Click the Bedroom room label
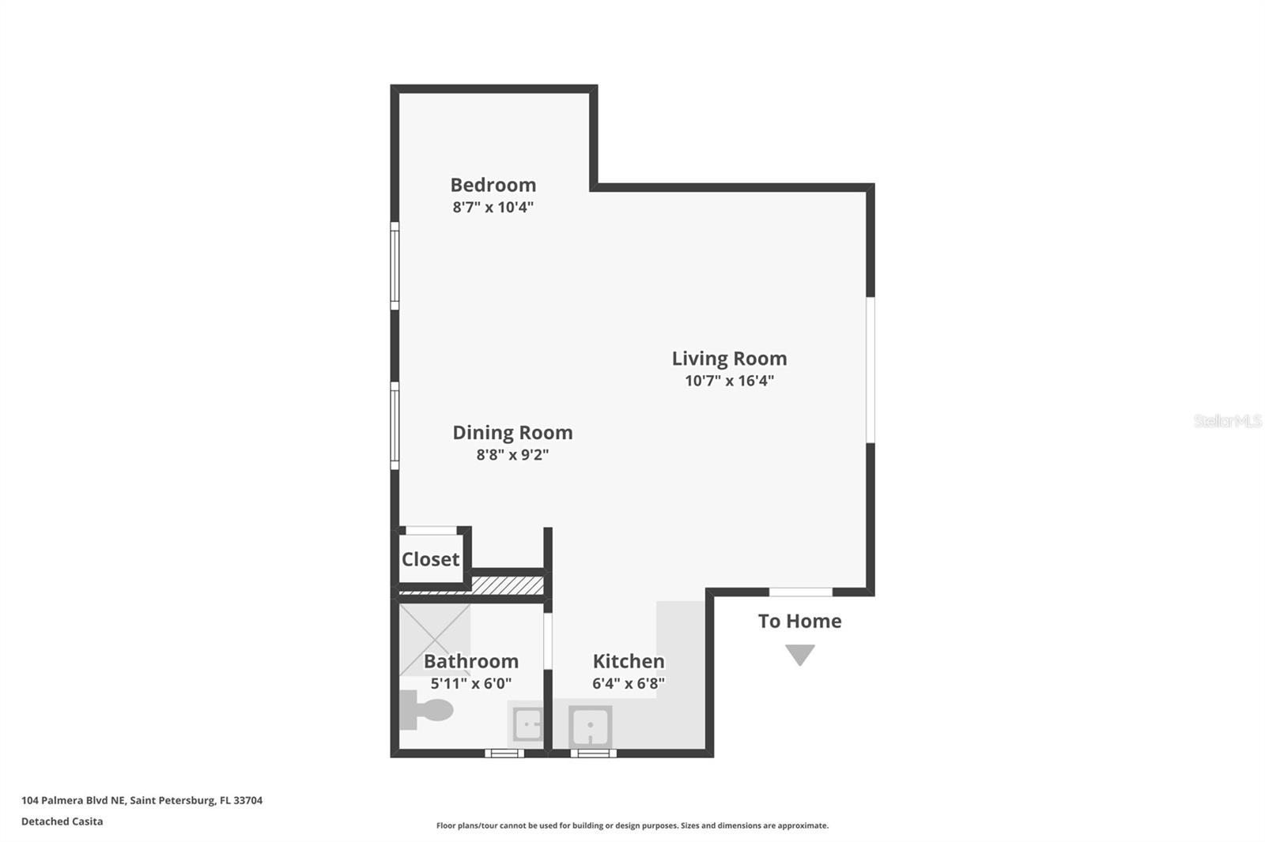pyautogui.click(x=493, y=185)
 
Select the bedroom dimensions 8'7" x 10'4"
pyautogui.click(x=493, y=208)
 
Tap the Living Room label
pyautogui.click(x=729, y=359)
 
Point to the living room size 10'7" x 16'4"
pyautogui.click(x=729, y=381)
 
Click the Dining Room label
pyautogui.click(x=512, y=433)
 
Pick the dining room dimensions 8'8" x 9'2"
pyautogui.click(x=512, y=455)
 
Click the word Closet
pyautogui.click(x=430, y=559)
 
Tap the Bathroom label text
pyautogui.click(x=471, y=661)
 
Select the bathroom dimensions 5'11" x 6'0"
pyautogui.click(x=471, y=683)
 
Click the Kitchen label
pyautogui.click(x=629, y=661)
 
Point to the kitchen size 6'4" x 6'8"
pyautogui.click(x=629, y=683)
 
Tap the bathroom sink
pyautogui.click(x=527, y=724)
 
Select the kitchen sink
pyautogui.click(x=590, y=726)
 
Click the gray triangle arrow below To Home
pyautogui.click(x=799, y=654)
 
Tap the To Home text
pyautogui.click(x=799, y=622)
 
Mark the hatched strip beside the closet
pyautogui.click(x=507, y=585)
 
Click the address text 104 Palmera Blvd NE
pyautogui.click(x=73, y=800)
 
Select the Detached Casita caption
pyautogui.click(x=62, y=821)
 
